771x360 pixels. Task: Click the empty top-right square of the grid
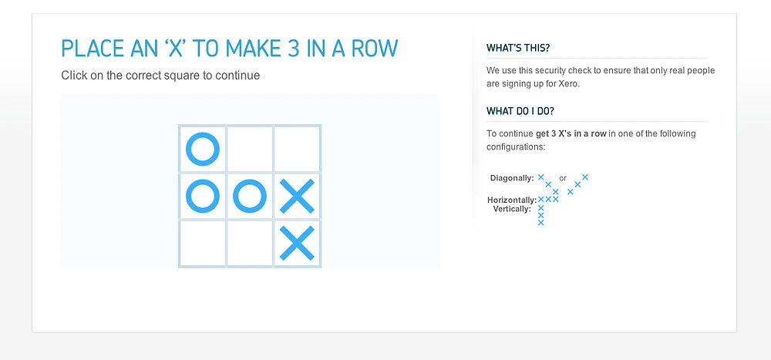[298, 149]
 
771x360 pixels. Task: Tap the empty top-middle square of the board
[250, 149]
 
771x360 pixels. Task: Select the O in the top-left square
[203, 149]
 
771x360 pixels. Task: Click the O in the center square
[250, 197]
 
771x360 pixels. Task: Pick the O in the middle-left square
[203, 197]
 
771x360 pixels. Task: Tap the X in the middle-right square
[298, 197]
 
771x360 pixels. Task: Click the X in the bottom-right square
[298, 244]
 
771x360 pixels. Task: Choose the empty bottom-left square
[203, 244]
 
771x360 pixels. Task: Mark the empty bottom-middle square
[250, 244]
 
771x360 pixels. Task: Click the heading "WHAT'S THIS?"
[518, 49]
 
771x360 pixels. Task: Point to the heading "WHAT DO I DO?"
[520, 111]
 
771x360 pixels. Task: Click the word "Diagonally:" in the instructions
[512, 178]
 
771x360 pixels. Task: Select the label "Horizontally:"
[512, 200]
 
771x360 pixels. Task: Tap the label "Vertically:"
[512, 209]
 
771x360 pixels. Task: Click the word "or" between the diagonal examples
[563, 178]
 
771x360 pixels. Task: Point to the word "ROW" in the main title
[375, 49]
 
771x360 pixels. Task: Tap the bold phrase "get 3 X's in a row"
[571, 133]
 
